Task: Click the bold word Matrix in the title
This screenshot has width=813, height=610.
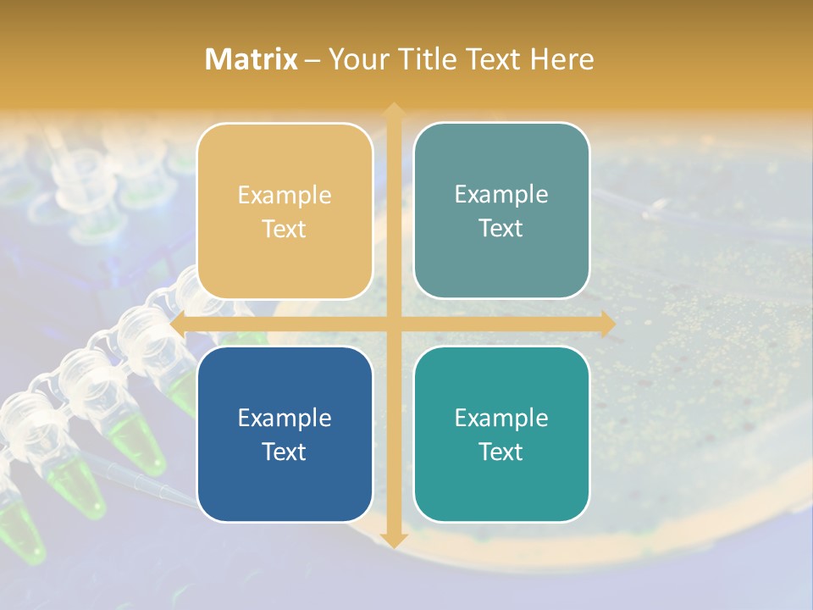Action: tap(252, 59)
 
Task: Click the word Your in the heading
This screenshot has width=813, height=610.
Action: tap(358, 59)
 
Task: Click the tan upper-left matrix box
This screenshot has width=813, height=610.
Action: tap(285, 211)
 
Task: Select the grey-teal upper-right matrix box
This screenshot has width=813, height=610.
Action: tap(501, 211)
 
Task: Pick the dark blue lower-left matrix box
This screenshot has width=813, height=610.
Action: tap(285, 434)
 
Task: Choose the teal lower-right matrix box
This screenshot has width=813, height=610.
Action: tap(501, 434)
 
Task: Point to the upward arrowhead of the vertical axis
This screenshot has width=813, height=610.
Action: tap(393, 109)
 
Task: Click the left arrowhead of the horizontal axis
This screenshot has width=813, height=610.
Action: tap(177, 324)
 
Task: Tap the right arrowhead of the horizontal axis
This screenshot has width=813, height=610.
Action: tap(608, 324)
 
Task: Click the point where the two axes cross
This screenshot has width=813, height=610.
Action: tap(393, 324)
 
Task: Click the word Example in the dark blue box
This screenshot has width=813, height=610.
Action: tap(285, 418)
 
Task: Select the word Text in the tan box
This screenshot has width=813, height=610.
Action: tap(285, 229)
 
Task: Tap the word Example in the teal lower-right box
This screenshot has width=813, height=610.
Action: tap(501, 418)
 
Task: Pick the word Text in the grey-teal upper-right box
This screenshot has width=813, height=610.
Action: tap(501, 228)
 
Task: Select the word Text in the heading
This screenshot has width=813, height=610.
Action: tap(491, 59)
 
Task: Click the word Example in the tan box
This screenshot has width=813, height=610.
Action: tap(285, 195)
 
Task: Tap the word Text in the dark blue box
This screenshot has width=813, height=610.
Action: tap(285, 452)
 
